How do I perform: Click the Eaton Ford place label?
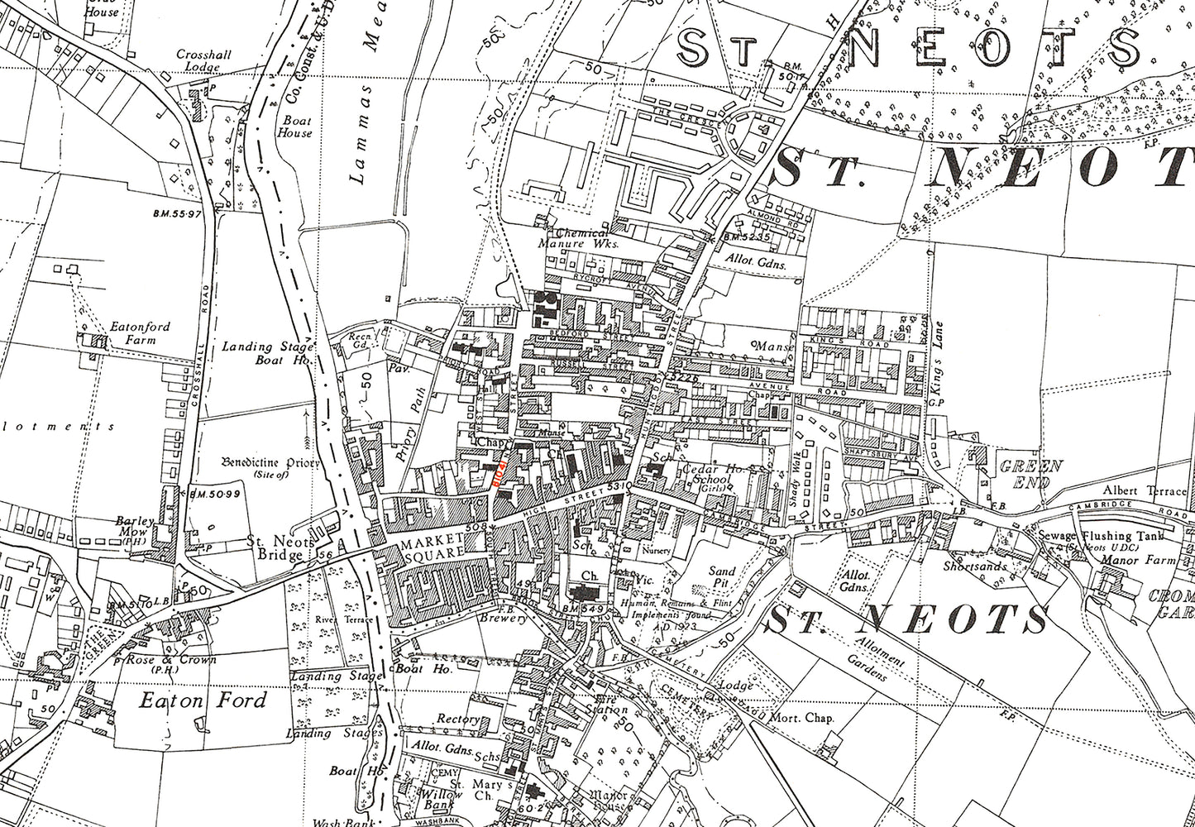click(203, 701)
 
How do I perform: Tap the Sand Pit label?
click(723, 577)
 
